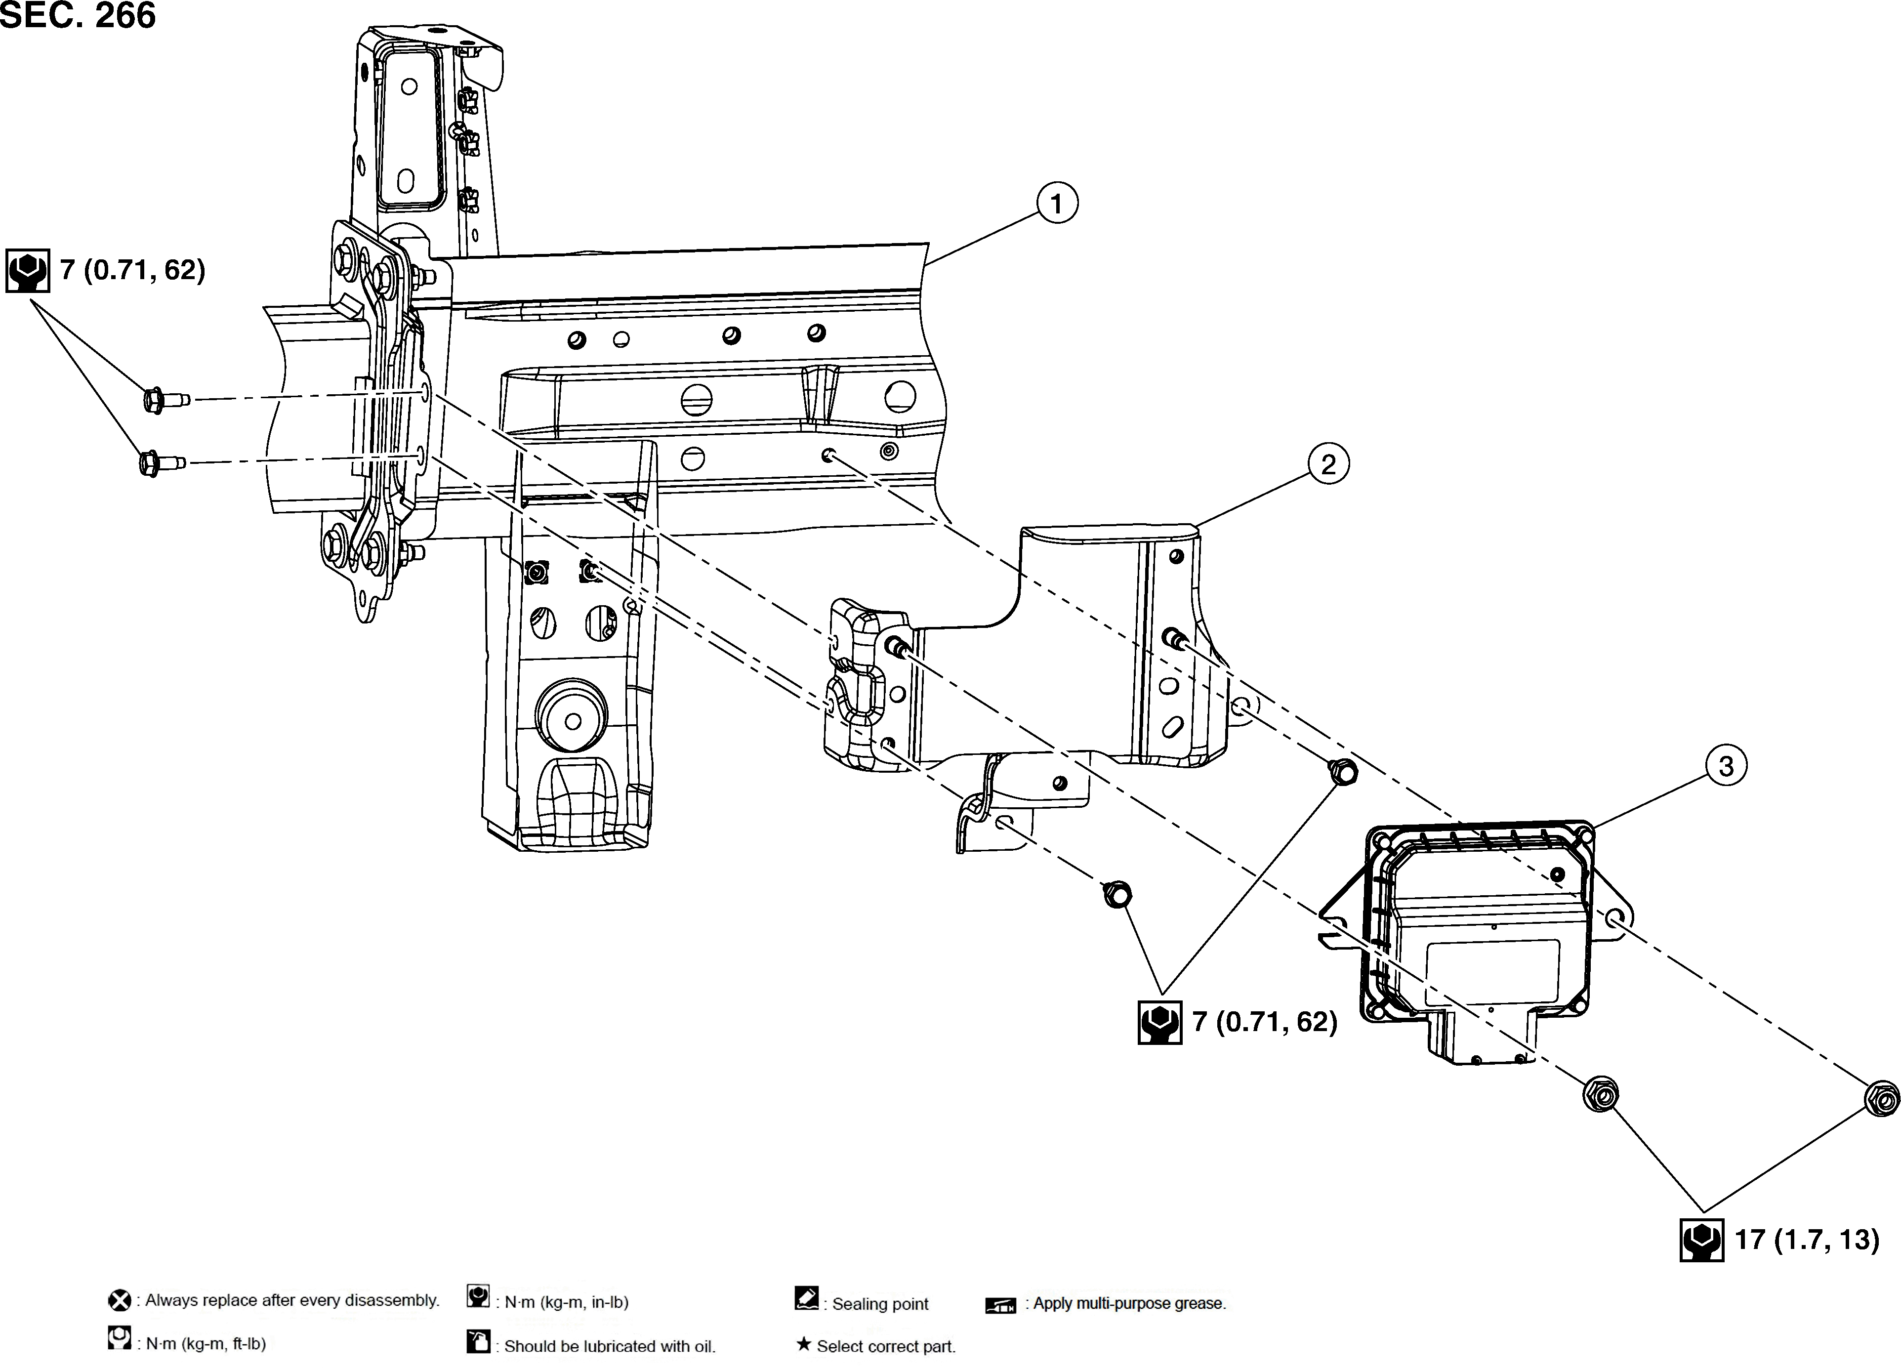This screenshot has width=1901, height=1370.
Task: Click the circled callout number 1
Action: (1056, 204)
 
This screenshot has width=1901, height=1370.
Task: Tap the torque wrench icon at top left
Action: (28, 270)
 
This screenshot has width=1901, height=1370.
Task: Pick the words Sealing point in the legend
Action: (880, 1304)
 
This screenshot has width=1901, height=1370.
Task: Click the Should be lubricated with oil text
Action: (609, 1346)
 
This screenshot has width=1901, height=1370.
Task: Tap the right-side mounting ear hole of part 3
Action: (1617, 920)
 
